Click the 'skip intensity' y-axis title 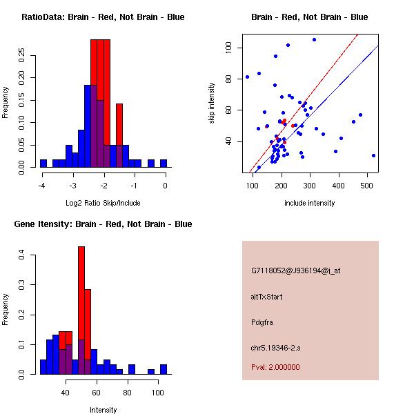[x=213, y=103]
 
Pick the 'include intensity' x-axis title [x=310, y=203]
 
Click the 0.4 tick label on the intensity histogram [x=23, y=255]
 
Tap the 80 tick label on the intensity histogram [x=128, y=393]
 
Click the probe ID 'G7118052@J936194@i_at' [x=296, y=270]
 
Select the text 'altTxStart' [x=266, y=297]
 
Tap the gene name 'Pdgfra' [x=262, y=322]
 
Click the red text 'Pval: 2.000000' [x=275, y=368]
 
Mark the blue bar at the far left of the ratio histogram [x=43, y=164]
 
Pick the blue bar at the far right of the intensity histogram [x=164, y=369]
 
